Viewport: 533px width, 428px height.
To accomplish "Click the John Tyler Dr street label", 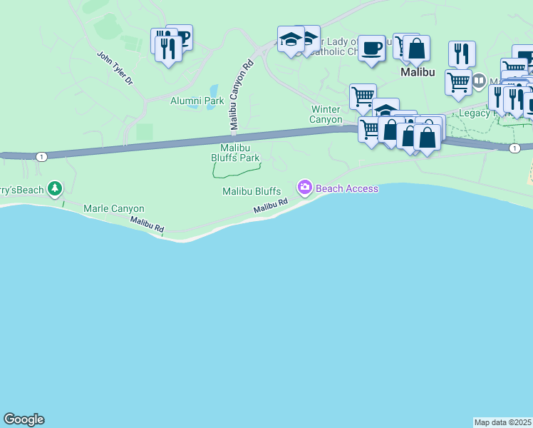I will click(115, 68).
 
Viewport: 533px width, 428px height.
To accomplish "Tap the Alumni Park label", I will click(197, 101).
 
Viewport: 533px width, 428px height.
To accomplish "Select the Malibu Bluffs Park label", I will click(234, 153).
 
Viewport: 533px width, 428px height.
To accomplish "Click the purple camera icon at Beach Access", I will click(305, 188).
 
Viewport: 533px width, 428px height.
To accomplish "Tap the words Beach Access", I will click(346, 188).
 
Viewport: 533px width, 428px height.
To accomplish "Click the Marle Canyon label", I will click(114, 209).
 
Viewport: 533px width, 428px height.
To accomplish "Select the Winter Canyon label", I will click(326, 114).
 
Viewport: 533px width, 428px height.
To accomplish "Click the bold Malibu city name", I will click(417, 72).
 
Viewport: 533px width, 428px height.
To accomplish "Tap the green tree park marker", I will click(55, 188).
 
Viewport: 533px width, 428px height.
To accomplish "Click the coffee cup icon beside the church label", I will click(371, 49).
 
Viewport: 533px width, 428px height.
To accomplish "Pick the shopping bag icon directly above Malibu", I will click(417, 49).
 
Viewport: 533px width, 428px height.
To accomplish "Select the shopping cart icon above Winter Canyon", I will click(363, 96).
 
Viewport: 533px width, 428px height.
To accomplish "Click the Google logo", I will click(24, 419).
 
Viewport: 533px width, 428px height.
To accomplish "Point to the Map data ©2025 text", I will click(502, 422).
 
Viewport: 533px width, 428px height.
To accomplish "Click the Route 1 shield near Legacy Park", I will click(514, 148).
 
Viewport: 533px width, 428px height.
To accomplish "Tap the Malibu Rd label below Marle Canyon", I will click(147, 224).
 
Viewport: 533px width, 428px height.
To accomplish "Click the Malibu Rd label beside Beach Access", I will click(271, 206).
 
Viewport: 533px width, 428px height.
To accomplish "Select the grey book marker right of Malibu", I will click(479, 81).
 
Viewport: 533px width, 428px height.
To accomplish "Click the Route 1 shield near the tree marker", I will click(43, 157).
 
